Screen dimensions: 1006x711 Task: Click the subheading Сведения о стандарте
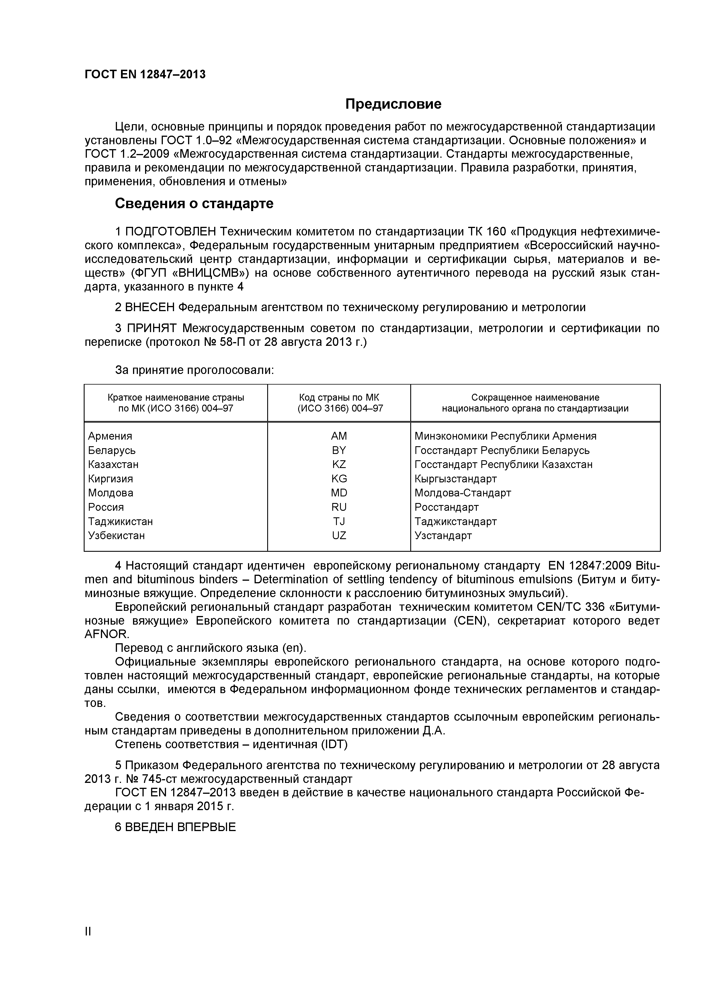tap(194, 204)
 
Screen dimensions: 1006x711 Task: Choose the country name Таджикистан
tap(120, 521)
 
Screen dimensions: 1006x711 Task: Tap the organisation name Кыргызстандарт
tap(456, 478)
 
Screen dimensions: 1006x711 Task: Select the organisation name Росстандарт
tap(446, 507)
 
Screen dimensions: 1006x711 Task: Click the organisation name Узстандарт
tap(443, 535)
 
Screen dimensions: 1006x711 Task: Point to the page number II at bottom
tap(88, 944)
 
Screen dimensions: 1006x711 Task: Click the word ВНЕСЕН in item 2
tap(150, 308)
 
